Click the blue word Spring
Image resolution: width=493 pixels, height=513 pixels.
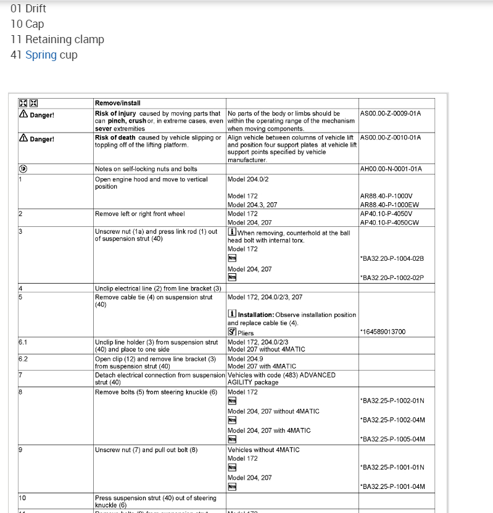click(x=41, y=55)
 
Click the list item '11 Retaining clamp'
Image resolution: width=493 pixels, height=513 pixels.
click(x=57, y=39)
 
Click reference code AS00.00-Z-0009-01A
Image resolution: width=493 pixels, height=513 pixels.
click(x=390, y=113)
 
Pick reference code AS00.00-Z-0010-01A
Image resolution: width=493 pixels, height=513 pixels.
click(x=390, y=137)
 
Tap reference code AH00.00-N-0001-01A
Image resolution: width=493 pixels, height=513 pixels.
click(x=390, y=169)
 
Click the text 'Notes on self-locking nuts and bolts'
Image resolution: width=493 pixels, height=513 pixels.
click(x=146, y=169)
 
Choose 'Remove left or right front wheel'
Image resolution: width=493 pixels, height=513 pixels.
click(x=139, y=214)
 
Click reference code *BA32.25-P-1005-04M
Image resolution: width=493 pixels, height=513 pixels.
click(x=392, y=439)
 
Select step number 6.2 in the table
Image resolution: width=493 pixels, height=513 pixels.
click(x=23, y=358)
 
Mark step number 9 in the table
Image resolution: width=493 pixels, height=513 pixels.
click(x=20, y=449)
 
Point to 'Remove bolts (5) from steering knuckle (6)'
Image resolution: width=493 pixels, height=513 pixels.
click(x=156, y=392)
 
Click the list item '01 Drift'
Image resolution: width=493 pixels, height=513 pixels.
click(x=28, y=9)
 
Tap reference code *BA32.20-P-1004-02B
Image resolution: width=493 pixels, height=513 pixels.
click(x=392, y=258)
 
